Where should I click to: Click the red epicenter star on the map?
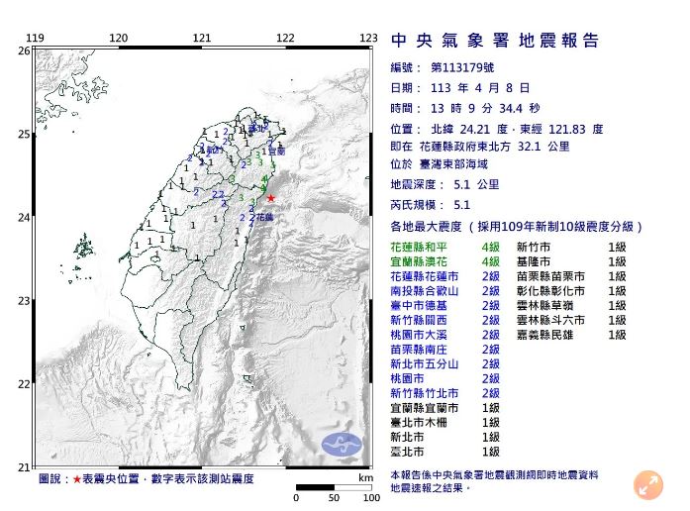(271, 198)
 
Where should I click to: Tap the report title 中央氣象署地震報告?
(496, 41)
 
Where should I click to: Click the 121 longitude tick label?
(203, 38)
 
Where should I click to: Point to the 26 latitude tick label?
(24, 50)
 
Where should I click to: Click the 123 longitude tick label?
(368, 38)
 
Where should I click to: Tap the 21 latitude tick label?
(24, 466)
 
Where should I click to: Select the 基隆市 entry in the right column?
(539, 261)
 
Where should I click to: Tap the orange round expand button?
(649, 484)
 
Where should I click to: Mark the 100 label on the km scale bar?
(370, 497)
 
